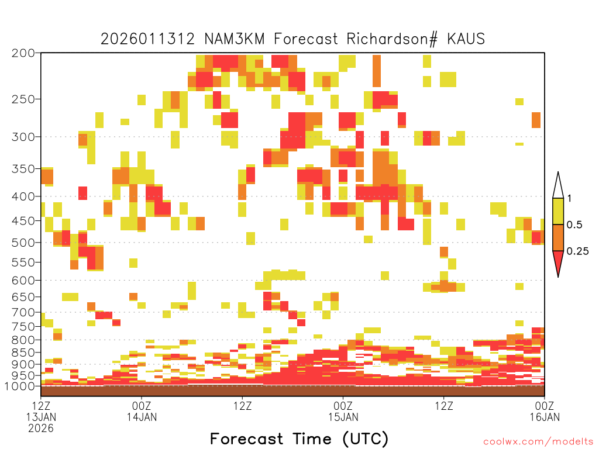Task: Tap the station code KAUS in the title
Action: [466, 39]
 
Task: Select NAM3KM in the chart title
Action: [235, 39]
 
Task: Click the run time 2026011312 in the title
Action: [147, 39]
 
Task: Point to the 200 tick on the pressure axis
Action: [23, 53]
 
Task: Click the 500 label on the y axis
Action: [23, 243]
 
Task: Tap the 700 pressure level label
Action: [23, 313]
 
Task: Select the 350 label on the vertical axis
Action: [23, 169]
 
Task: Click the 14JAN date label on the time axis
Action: [142, 417]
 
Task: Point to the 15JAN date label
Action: [343, 417]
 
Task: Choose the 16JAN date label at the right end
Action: [545, 417]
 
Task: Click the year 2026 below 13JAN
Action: [41, 429]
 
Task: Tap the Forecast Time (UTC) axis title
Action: [299, 439]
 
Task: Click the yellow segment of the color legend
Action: [558, 211]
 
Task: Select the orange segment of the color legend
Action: [558, 237]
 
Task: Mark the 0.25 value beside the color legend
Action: [577, 251]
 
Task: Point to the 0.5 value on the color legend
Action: [574, 225]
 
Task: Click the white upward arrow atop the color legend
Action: [558, 186]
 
